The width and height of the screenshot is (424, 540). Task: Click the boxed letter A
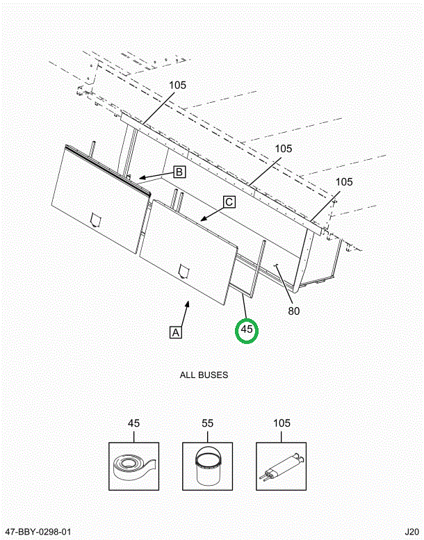(176, 332)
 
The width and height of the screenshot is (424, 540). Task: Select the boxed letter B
(179, 172)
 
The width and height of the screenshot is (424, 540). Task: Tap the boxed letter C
(229, 202)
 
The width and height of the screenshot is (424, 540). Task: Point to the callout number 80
(294, 311)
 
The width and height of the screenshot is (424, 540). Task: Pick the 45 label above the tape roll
(134, 423)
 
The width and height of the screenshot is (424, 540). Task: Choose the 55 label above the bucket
(207, 423)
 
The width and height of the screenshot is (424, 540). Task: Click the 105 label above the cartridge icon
(282, 423)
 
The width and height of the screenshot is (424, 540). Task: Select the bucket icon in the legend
(207, 466)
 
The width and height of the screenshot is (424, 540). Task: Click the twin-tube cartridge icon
(282, 466)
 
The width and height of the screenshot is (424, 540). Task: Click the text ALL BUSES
(204, 375)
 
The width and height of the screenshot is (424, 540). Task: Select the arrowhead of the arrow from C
(202, 220)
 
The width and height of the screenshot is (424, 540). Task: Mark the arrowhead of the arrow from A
(187, 302)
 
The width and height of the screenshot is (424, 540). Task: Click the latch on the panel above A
(184, 271)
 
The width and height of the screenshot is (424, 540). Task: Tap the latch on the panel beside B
(96, 220)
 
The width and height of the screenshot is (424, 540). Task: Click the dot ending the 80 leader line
(276, 264)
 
